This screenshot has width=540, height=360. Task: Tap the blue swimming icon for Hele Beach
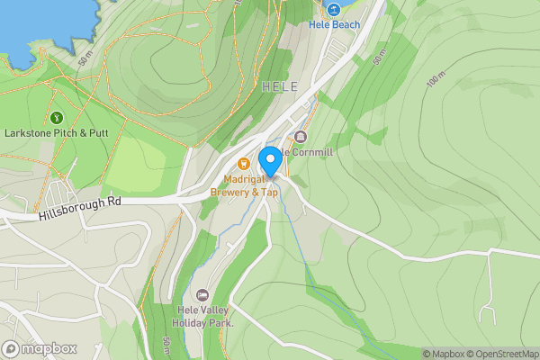(x=333, y=9)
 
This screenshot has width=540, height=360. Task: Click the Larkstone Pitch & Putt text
(x=56, y=132)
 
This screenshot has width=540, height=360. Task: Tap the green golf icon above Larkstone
(x=57, y=117)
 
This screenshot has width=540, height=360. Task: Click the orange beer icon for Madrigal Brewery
(x=244, y=163)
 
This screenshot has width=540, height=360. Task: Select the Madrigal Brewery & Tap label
(x=244, y=185)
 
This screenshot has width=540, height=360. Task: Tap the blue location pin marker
(x=269, y=162)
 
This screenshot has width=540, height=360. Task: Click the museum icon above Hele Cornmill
(x=300, y=138)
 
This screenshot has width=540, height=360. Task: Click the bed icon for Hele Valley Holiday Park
(x=202, y=295)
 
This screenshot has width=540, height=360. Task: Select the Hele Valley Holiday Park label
(x=202, y=316)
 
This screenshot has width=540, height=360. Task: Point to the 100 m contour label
(x=436, y=79)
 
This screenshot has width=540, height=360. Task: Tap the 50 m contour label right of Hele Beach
(x=379, y=56)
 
